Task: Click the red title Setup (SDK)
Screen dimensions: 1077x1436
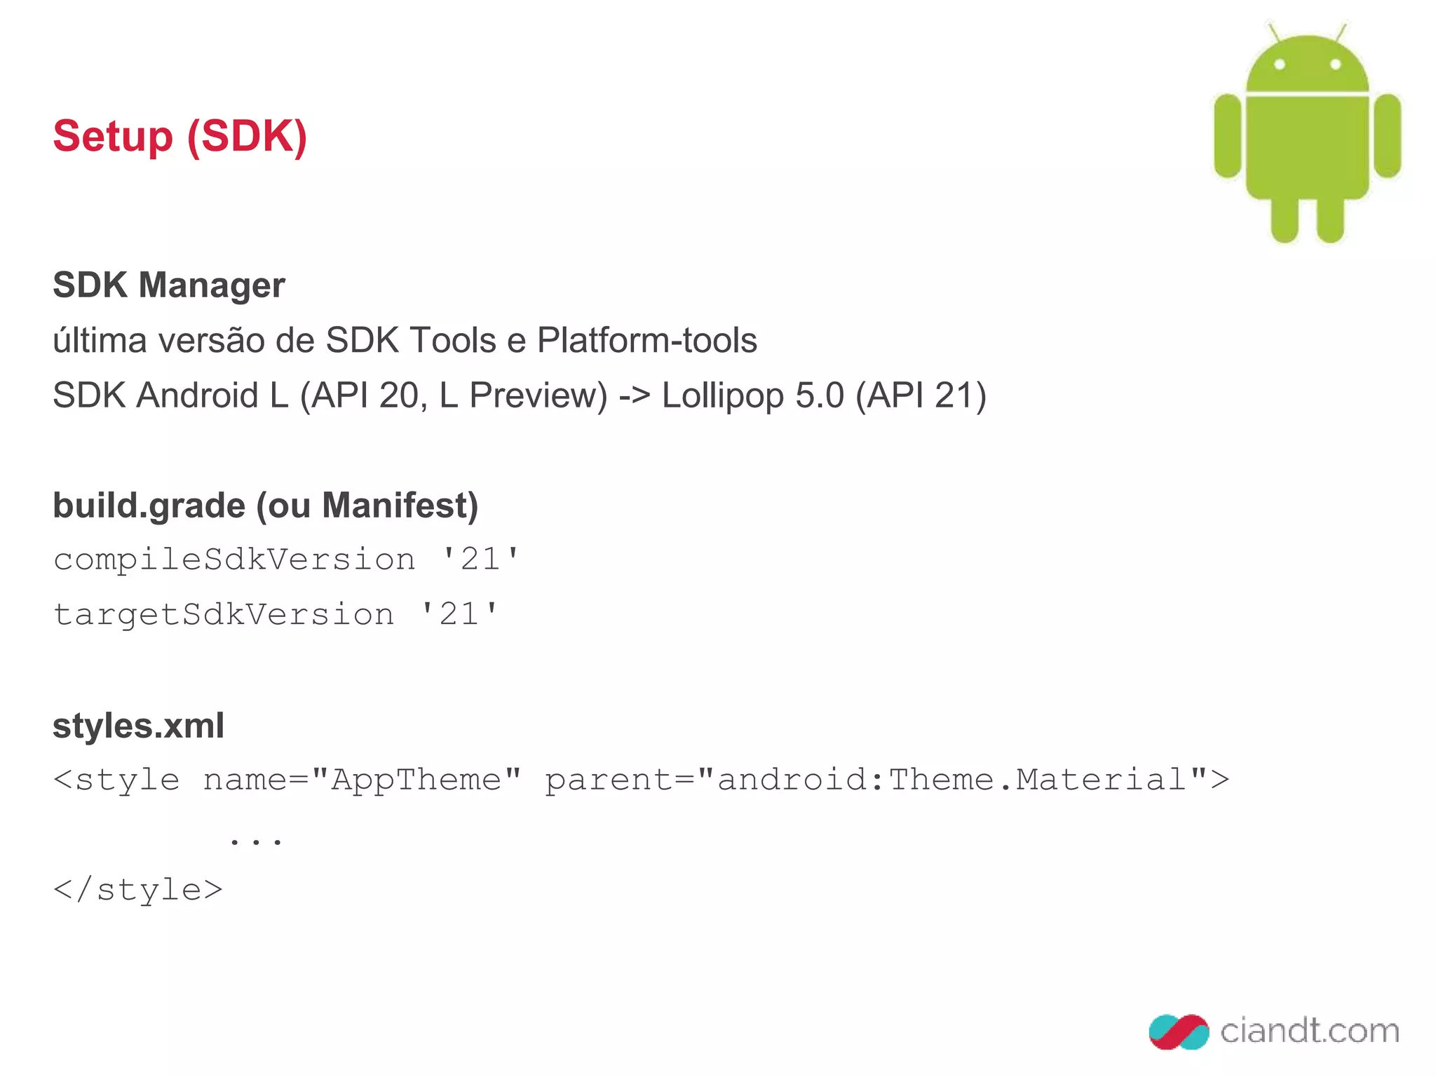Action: [x=180, y=136]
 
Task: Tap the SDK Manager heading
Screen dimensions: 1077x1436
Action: [x=169, y=285]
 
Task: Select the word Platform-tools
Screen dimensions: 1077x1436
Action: [x=646, y=341]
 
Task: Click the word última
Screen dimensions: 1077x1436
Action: [x=100, y=341]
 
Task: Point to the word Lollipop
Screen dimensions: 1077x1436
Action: [x=722, y=396]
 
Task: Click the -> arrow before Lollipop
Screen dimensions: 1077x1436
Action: [x=635, y=396]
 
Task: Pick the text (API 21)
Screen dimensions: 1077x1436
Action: [x=921, y=396]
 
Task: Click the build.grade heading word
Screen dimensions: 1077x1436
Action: [x=149, y=506]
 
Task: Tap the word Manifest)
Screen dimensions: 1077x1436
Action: [x=400, y=506]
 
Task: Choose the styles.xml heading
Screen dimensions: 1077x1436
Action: [x=139, y=726]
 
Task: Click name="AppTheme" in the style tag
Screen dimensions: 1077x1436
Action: [x=362, y=780]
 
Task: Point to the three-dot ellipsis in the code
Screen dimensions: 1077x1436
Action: [x=256, y=839]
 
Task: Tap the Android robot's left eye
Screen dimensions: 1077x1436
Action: [x=1280, y=65]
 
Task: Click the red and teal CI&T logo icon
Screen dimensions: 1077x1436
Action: [x=1179, y=1031]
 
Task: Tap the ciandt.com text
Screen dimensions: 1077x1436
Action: [x=1309, y=1031]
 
